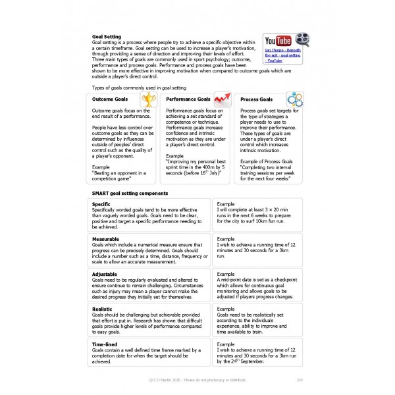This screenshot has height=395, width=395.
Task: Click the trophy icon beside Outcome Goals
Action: pos(149,99)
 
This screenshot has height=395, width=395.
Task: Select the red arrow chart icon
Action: pos(224,99)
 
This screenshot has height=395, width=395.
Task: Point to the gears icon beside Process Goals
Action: pos(294,99)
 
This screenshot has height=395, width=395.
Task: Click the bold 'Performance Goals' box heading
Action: pos(188,99)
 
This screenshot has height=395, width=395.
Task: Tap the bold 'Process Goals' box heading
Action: pos(257,99)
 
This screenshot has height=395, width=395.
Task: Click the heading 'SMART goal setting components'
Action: pos(130,193)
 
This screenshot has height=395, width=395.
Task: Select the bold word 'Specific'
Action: pos(105,204)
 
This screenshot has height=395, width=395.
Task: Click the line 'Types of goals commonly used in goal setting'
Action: pos(140,88)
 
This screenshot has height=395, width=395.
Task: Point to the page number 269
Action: pos(300,381)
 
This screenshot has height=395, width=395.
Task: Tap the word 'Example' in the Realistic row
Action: pos(226,308)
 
